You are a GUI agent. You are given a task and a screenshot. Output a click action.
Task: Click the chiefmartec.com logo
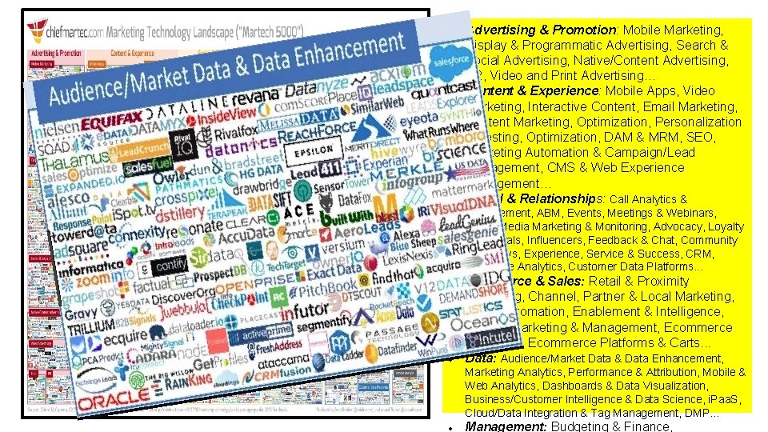click(x=59, y=31)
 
